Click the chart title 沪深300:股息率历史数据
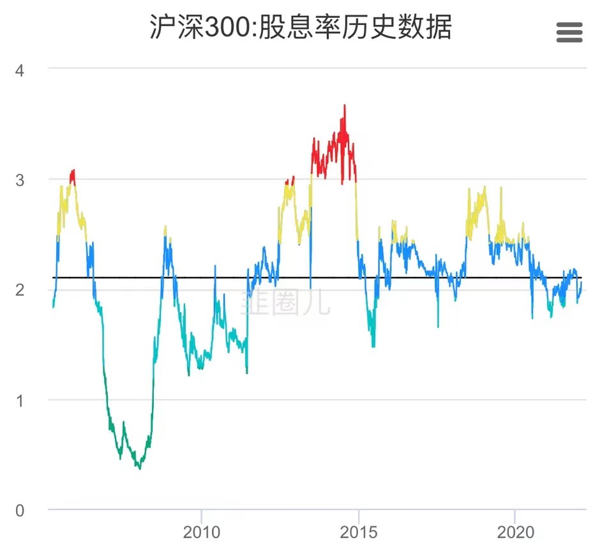(x=301, y=28)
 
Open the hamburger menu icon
(x=569, y=32)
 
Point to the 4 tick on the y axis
(x=20, y=70)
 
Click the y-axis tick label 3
(x=20, y=180)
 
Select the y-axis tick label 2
(x=20, y=290)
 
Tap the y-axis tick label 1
(x=20, y=400)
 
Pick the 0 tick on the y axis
(x=20, y=511)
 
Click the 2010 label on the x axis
(x=201, y=532)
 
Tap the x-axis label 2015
(x=359, y=532)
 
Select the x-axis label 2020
(x=515, y=532)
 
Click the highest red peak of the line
(x=345, y=106)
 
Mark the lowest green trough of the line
(x=140, y=469)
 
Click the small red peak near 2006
(x=74, y=170)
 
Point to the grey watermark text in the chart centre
(x=285, y=302)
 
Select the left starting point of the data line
(x=53, y=306)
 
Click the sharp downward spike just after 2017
(x=438, y=327)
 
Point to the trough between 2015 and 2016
(x=373, y=346)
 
